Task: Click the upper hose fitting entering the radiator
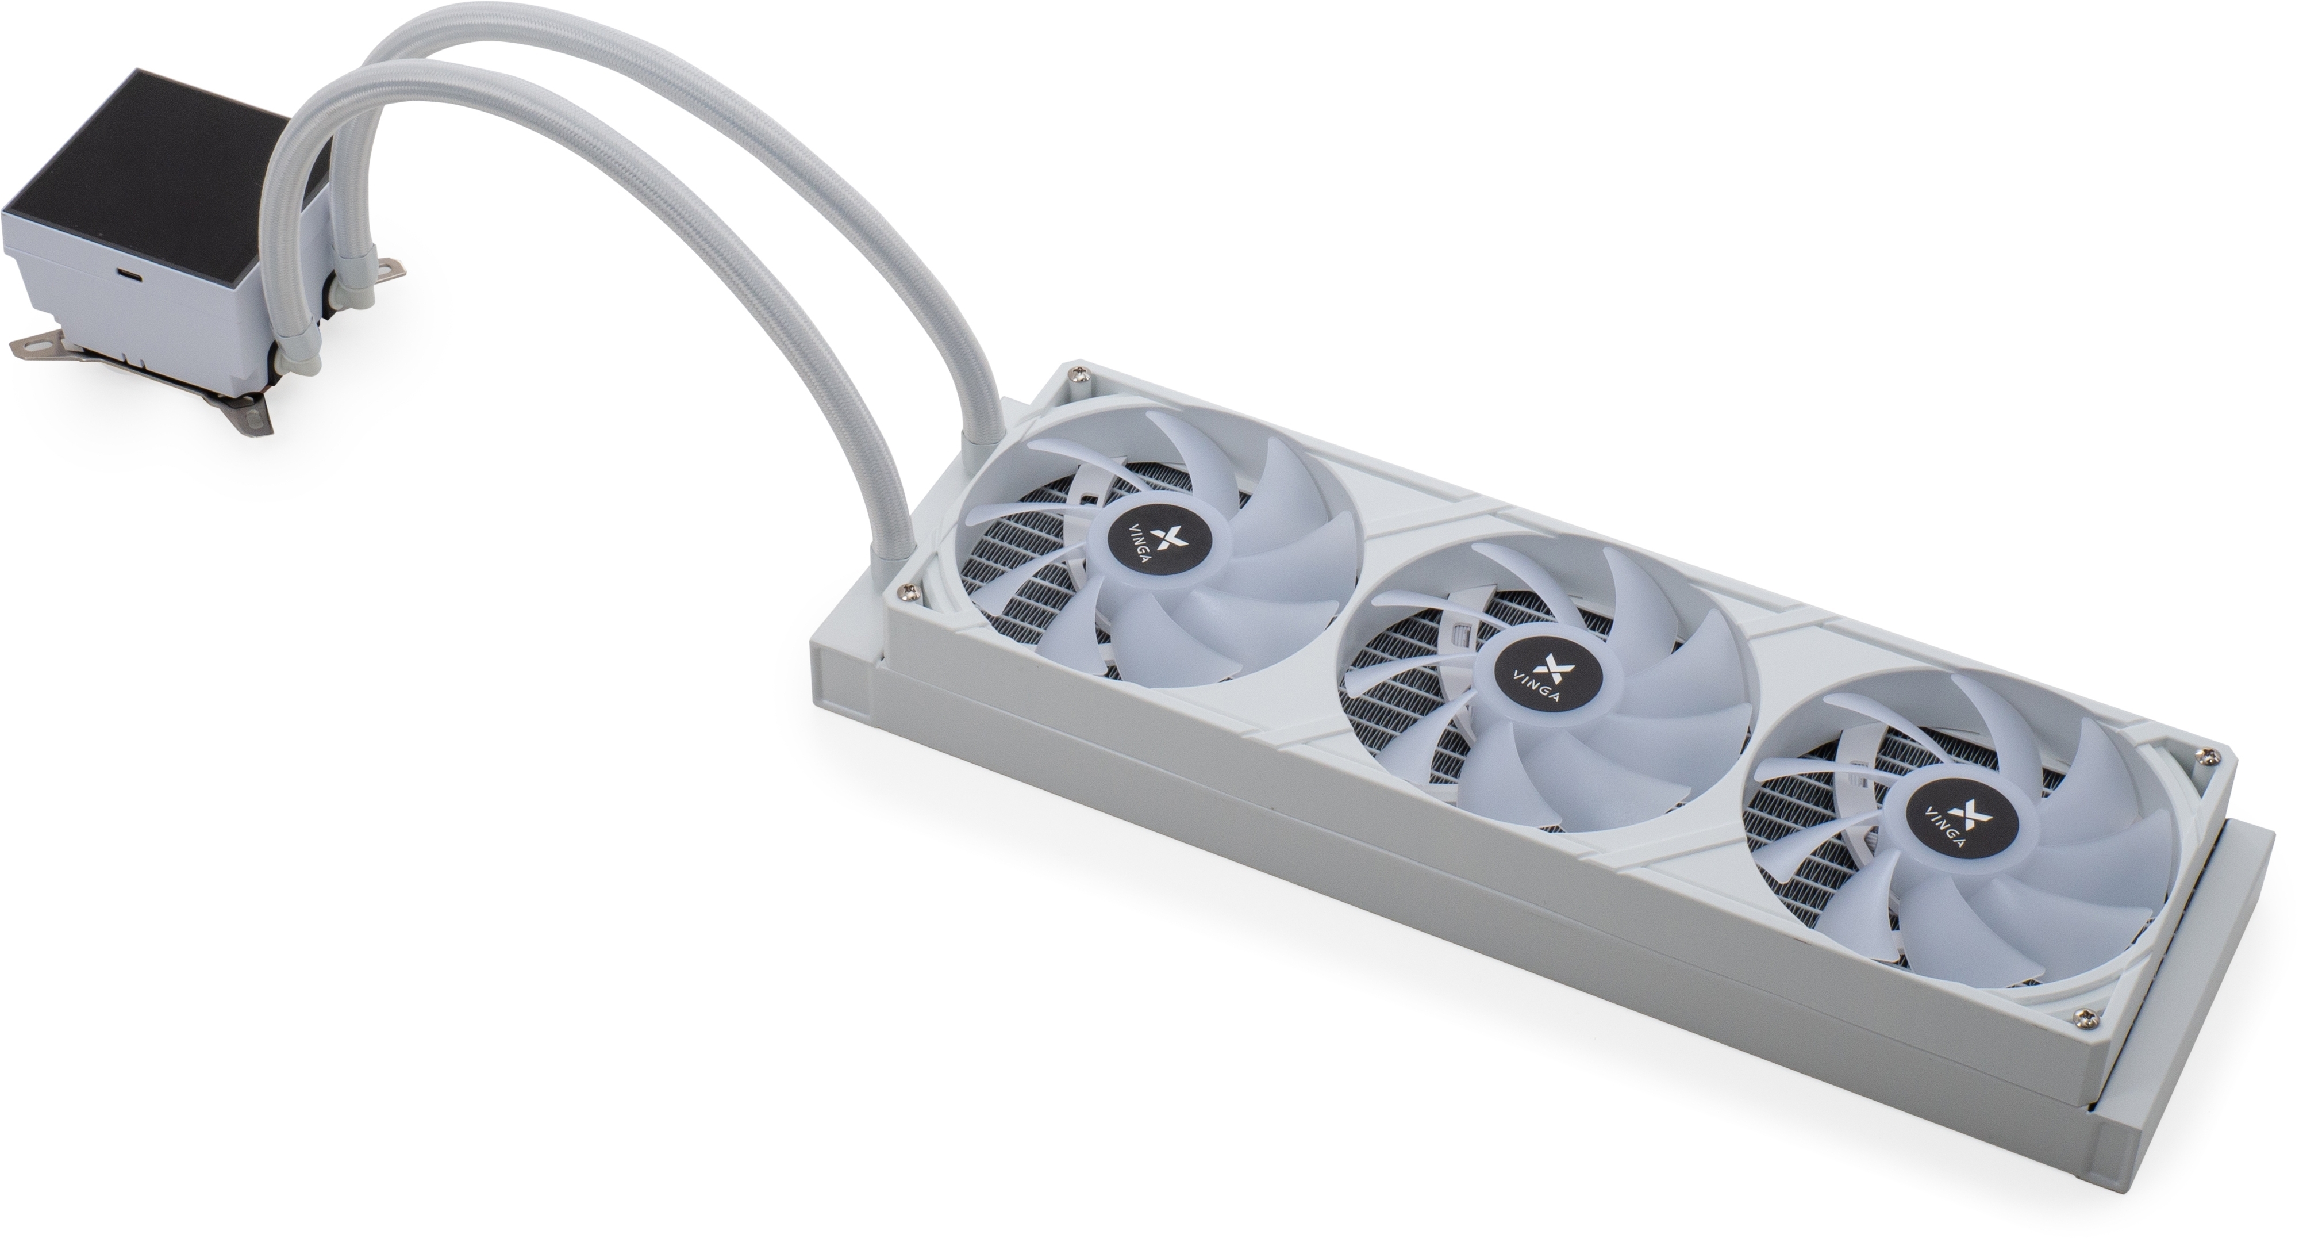click(x=983, y=434)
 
